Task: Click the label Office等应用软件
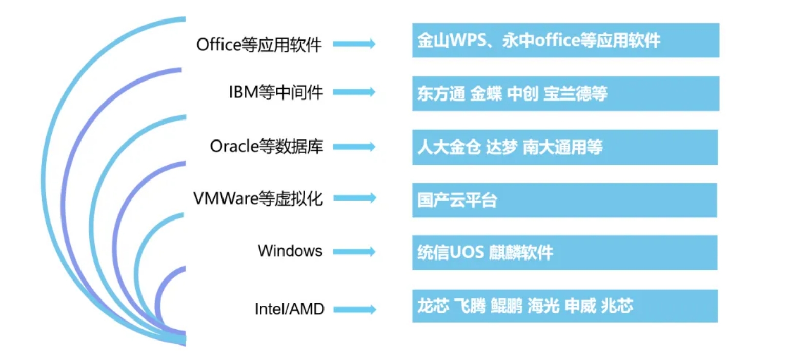259,45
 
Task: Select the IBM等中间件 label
276,93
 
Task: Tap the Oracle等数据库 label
267,146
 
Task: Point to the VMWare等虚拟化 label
258,198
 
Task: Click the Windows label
290,251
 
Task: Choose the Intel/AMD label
289,309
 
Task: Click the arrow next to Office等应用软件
354,44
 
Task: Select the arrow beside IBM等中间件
354,92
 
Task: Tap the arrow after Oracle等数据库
354,147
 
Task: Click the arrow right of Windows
354,251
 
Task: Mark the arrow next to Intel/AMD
354,309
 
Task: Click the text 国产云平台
457,201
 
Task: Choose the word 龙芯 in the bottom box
433,306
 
